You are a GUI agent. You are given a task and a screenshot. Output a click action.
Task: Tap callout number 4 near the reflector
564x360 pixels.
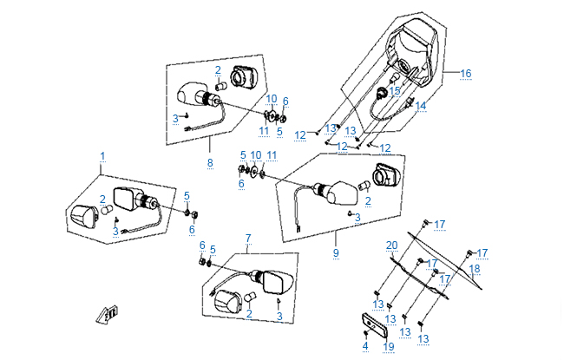tap(365, 345)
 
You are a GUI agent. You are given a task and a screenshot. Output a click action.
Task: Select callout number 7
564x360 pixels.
tap(247, 237)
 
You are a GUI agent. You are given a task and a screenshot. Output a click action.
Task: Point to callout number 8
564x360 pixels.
tap(209, 161)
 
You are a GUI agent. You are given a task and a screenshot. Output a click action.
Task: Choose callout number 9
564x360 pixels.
tap(336, 254)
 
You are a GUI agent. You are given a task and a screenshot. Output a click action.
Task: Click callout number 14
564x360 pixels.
tap(420, 106)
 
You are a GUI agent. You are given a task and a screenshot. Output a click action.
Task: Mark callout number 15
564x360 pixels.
tap(395, 90)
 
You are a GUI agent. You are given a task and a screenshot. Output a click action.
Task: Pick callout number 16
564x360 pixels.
tap(465, 74)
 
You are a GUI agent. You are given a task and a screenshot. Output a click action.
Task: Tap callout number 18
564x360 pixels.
tap(474, 269)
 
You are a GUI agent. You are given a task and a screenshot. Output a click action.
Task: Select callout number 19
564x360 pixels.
tap(388, 345)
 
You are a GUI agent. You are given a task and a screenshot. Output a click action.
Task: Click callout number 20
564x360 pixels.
tap(391, 245)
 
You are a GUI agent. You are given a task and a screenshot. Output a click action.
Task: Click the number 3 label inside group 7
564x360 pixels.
tap(279, 316)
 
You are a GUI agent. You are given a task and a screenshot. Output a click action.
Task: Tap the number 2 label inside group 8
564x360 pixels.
tap(218, 69)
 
